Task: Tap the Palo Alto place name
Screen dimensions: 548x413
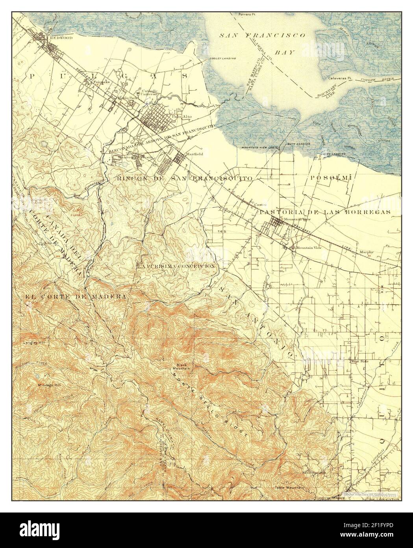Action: coord(181,116)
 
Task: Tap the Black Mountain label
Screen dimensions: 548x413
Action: coord(182,366)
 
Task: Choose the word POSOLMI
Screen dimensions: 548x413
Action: coord(331,178)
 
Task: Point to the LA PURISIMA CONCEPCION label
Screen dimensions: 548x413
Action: coord(176,266)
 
